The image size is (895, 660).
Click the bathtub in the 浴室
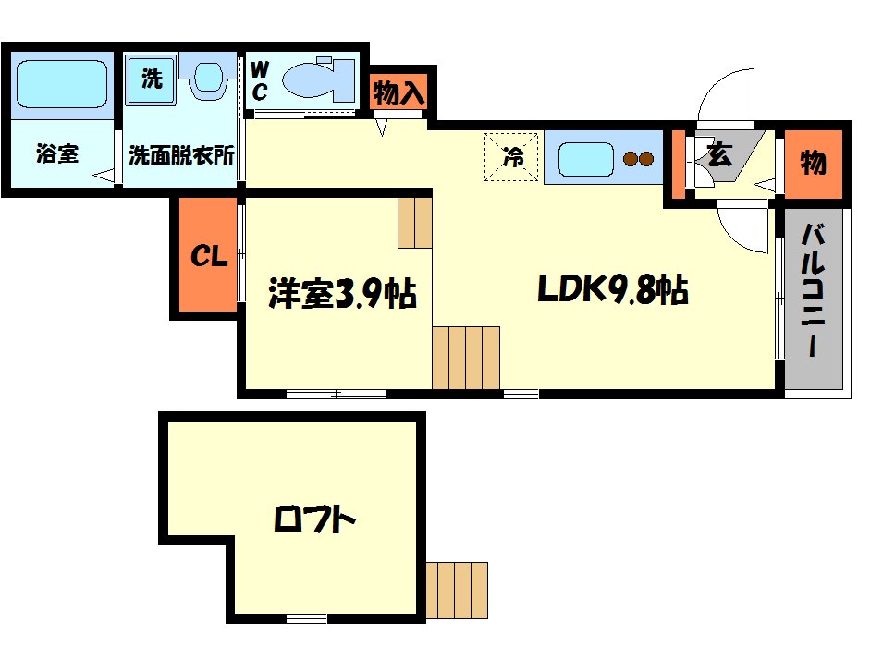(x=62, y=83)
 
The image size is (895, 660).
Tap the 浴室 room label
(x=56, y=154)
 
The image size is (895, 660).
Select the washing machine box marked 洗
(x=152, y=78)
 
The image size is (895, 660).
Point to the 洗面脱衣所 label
(x=181, y=154)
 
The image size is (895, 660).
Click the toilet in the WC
(x=317, y=79)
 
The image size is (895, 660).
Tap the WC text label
(x=260, y=79)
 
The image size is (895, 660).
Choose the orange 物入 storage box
(x=398, y=92)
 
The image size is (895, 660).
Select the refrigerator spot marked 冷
(x=511, y=156)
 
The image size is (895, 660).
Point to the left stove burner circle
(x=632, y=159)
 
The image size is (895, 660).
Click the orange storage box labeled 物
(x=813, y=164)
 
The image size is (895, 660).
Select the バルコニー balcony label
(x=814, y=290)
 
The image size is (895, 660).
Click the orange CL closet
(x=209, y=256)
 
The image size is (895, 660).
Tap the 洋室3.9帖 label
(x=342, y=294)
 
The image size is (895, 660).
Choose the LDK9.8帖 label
(x=611, y=291)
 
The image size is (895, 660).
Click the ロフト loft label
(x=314, y=520)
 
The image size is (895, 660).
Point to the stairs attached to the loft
(x=458, y=590)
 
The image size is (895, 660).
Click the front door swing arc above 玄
(x=726, y=95)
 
